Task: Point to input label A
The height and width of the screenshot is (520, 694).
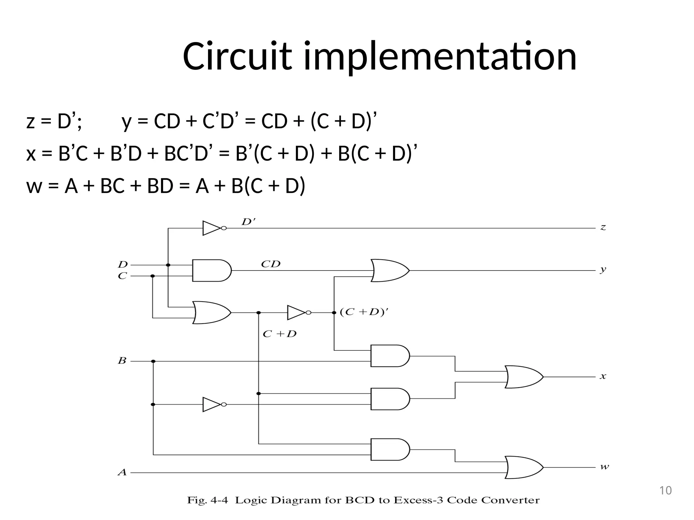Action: coord(122,472)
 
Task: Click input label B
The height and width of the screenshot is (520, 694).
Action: coord(122,361)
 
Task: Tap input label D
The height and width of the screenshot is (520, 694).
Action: coord(123,264)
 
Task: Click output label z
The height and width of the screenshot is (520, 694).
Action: coord(603,227)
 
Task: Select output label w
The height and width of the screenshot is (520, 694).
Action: coord(604,467)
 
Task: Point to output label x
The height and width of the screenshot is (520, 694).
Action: coord(603,376)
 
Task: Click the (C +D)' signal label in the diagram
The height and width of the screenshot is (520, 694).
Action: coord(364,312)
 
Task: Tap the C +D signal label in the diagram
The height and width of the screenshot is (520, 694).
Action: coord(280,334)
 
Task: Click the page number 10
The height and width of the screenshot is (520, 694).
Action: coord(665,491)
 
